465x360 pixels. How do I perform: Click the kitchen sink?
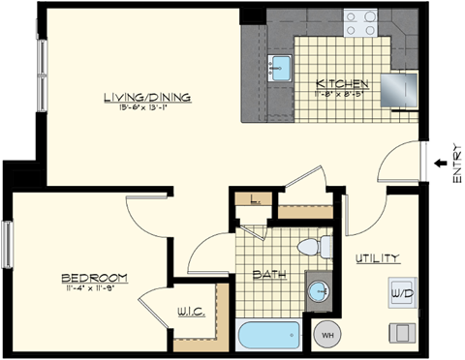pos(282,67)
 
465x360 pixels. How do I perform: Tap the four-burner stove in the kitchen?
pos(360,22)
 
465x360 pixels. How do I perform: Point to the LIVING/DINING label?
pos(147,97)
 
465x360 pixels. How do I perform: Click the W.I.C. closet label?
pos(189,312)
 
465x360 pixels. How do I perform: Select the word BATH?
pos(267,275)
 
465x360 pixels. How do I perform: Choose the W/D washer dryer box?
pos(401,291)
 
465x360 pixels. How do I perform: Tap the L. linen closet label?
pos(254,201)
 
